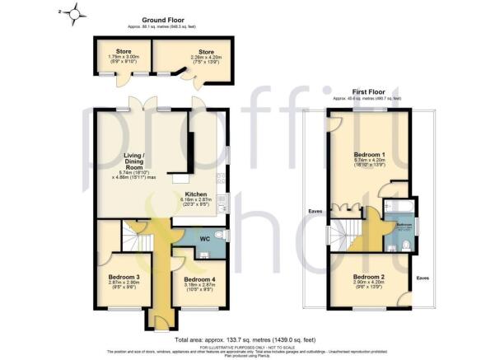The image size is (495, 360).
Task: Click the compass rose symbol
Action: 76,13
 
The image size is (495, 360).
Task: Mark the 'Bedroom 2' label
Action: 370,277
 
